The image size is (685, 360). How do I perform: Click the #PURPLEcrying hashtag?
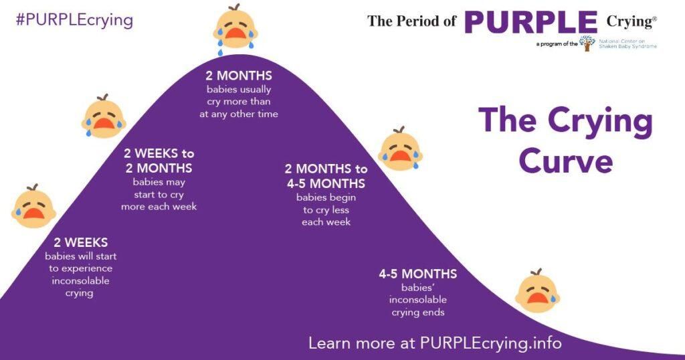(x=74, y=19)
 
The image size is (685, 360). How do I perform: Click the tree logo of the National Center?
(x=587, y=43)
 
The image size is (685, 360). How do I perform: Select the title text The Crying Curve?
(x=566, y=141)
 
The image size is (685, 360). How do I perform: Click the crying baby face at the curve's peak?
(x=235, y=27)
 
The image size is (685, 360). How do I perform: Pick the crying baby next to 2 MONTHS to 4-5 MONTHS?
(x=399, y=149)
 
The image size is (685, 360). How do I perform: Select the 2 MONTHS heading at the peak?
(x=239, y=76)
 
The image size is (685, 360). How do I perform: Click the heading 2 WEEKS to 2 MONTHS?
(x=159, y=161)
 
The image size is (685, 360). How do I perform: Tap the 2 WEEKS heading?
(x=81, y=242)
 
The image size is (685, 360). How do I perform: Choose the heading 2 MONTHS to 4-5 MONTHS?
(x=326, y=176)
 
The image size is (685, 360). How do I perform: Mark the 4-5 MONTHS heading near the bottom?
(x=418, y=274)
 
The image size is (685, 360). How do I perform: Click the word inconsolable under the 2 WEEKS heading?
(x=80, y=280)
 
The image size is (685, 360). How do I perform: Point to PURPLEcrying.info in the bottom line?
(x=490, y=343)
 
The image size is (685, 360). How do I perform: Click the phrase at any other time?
(x=239, y=114)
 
